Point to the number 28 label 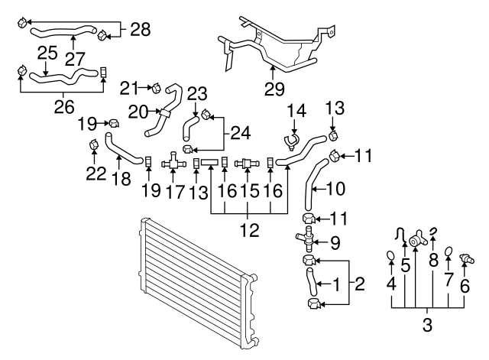[140, 30]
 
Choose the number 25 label [47, 54]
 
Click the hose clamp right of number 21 [155, 88]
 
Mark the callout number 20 [138, 112]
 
